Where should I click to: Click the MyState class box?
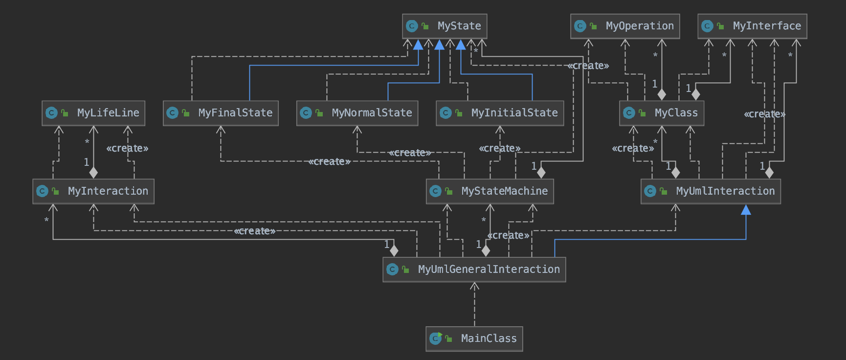click(445, 26)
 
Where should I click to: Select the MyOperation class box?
click(625, 26)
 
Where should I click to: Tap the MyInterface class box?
click(752, 26)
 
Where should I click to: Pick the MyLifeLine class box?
click(93, 113)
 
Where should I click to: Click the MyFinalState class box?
click(221, 113)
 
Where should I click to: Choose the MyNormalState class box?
click(357, 113)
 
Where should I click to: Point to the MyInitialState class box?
click(500, 113)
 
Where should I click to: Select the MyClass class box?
click(662, 113)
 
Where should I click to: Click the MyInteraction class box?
click(93, 191)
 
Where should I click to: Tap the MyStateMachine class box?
click(490, 191)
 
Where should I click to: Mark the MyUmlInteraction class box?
click(711, 191)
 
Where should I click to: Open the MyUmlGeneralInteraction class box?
click(474, 270)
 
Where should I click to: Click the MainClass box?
click(474, 338)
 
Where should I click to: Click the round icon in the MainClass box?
click(435, 338)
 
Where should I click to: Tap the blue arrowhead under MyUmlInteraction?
click(746, 210)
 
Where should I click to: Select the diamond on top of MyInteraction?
click(93, 173)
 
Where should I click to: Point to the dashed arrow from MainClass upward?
click(474, 306)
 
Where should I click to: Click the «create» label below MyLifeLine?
click(127, 148)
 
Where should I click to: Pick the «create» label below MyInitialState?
click(500, 148)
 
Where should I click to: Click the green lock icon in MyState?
click(425, 26)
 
